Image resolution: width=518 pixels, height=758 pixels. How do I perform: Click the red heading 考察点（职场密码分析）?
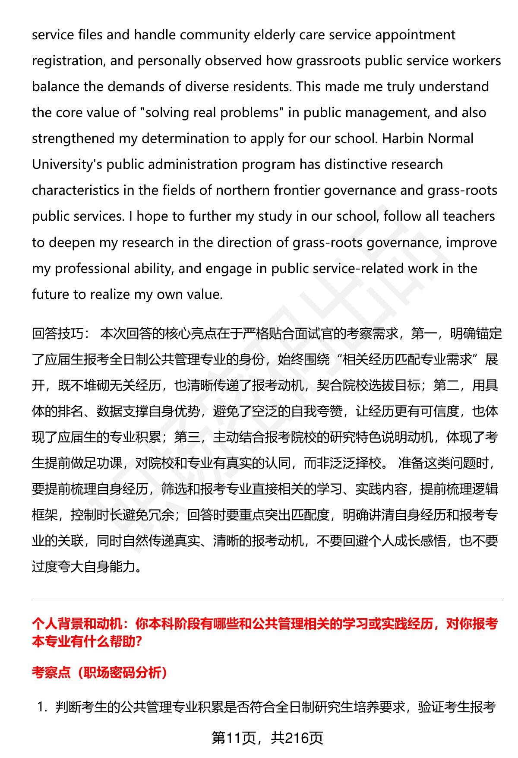coord(100,673)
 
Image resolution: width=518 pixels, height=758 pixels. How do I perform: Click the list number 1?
coord(42,707)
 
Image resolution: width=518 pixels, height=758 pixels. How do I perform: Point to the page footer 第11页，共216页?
coord(267,738)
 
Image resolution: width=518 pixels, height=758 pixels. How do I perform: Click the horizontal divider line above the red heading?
coord(267,601)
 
